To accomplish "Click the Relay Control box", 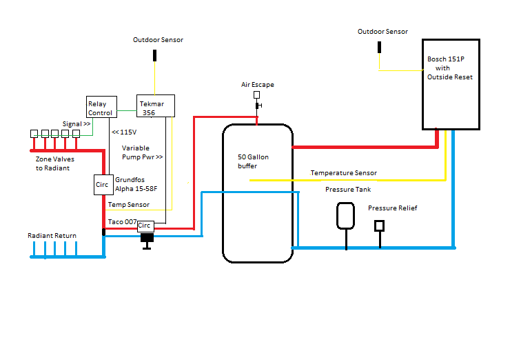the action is (101, 107).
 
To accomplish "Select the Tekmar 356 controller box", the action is (156, 106).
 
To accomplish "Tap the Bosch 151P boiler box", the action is (451, 84).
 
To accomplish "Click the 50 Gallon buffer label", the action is (253, 161).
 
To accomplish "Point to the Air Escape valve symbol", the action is (257, 100).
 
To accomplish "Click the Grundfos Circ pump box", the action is (103, 185).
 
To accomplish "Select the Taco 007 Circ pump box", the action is (145, 226).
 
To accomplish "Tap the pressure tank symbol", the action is (345, 216).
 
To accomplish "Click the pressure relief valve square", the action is (380, 226).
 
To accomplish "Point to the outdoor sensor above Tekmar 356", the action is (154, 55).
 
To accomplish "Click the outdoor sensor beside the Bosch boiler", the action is (379, 47).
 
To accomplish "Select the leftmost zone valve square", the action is (34, 134).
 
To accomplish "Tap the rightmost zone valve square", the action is (76, 134).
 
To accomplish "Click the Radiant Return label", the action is (52, 236).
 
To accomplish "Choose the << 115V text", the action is (124, 132).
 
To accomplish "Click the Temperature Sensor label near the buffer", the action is (344, 173).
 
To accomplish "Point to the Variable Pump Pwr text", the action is (142, 152).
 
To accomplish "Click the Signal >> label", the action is (76, 124).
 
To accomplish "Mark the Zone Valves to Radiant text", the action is (55, 163).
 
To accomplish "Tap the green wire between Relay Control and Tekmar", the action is (127, 111).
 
